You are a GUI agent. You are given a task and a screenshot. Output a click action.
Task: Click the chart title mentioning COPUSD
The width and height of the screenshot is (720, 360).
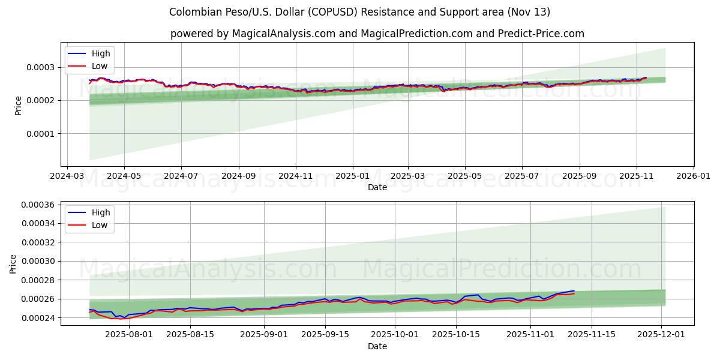[359, 12]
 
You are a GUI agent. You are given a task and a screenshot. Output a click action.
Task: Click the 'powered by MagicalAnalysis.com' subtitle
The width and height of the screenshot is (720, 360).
[377, 34]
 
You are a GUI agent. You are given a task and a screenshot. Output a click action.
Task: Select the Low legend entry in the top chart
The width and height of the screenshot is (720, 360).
[99, 66]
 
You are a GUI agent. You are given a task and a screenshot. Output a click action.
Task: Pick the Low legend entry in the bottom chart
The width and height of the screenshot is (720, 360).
[99, 225]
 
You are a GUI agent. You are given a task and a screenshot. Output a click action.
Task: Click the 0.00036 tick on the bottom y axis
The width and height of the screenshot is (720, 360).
[37, 205]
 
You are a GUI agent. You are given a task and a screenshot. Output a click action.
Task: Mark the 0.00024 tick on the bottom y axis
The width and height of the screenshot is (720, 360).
[37, 318]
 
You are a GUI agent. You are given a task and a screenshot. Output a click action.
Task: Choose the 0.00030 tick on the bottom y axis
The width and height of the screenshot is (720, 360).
[37, 262]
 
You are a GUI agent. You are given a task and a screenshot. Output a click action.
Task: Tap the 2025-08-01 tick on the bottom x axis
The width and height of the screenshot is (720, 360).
[129, 334]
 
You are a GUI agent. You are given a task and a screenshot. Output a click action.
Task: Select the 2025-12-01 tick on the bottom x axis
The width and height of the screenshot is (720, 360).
[661, 334]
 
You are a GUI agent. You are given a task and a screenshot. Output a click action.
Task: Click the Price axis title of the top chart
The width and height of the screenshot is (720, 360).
[18, 105]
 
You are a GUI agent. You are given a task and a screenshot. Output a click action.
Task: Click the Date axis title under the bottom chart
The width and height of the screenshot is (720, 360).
[377, 346]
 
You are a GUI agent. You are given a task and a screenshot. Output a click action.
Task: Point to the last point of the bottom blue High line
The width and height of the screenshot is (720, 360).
[574, 291]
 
